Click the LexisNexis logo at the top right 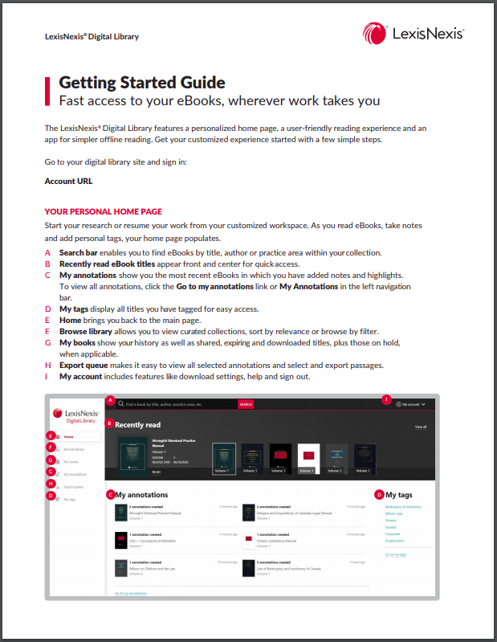coord(413,33)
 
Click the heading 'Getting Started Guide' coord(141,83)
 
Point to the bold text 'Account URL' coord(68,181)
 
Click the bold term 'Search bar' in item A coord(78,252)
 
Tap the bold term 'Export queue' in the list coord(84,365)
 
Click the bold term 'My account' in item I coord(81,377)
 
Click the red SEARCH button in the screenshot coord(246,404)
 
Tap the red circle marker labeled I coord(386,399)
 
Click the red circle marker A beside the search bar coord(111,399)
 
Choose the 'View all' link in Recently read coord(421,427)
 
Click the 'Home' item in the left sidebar coord(69,436)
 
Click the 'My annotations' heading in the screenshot coord(142,495)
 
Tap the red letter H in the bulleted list coord(47,365)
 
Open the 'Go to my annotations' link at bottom coord(130,593)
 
